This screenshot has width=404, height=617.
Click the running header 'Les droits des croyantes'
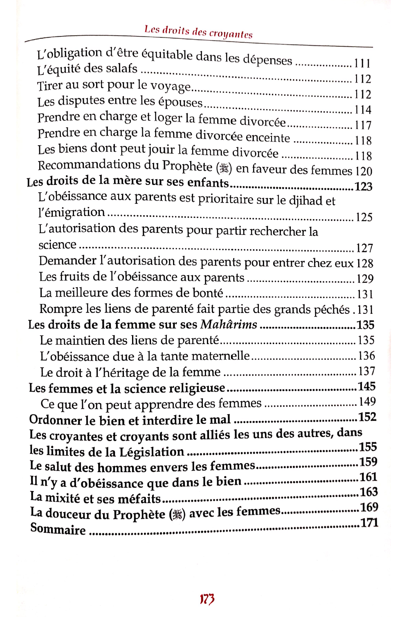tap(198, 32)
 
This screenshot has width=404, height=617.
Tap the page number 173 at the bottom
tap(207, 599)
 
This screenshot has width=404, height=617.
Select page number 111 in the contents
tap(362, 63)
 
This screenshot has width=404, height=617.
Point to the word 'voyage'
tap(171, 86)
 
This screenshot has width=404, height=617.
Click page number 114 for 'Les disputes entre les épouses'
tap(363, 110)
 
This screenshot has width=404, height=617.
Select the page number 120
tap(364, 171)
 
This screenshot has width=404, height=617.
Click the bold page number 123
tap(364, 187)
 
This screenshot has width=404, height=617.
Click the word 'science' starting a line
tap(57, 245)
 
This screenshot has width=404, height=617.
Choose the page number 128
tap(365, 263)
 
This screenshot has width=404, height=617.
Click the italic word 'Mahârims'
tap(229, 324)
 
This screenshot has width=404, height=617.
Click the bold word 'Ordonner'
tap(56, 420)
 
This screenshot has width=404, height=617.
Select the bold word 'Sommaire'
tap(58, 529)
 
